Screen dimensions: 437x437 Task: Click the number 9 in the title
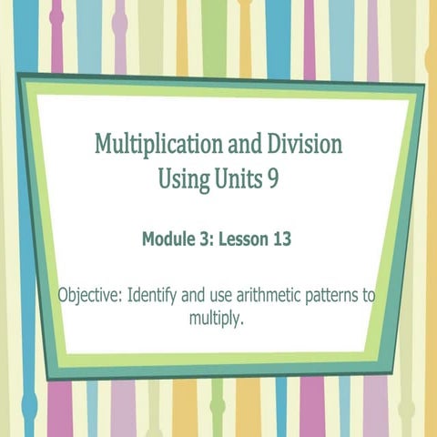[272, 178]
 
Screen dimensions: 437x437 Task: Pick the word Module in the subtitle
[168, 240]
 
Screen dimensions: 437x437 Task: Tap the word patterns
[332, 296]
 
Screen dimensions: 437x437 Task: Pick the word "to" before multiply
[369, 296]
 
